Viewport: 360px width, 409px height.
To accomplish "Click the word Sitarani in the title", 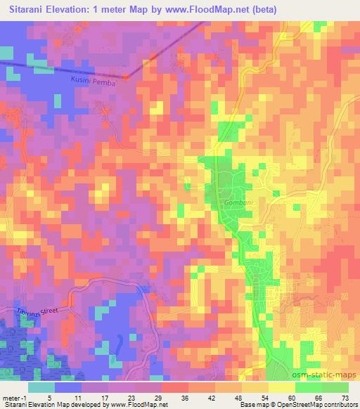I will (x=33, y=10).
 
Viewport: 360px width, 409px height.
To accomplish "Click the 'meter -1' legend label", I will (x=15, y=398).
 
